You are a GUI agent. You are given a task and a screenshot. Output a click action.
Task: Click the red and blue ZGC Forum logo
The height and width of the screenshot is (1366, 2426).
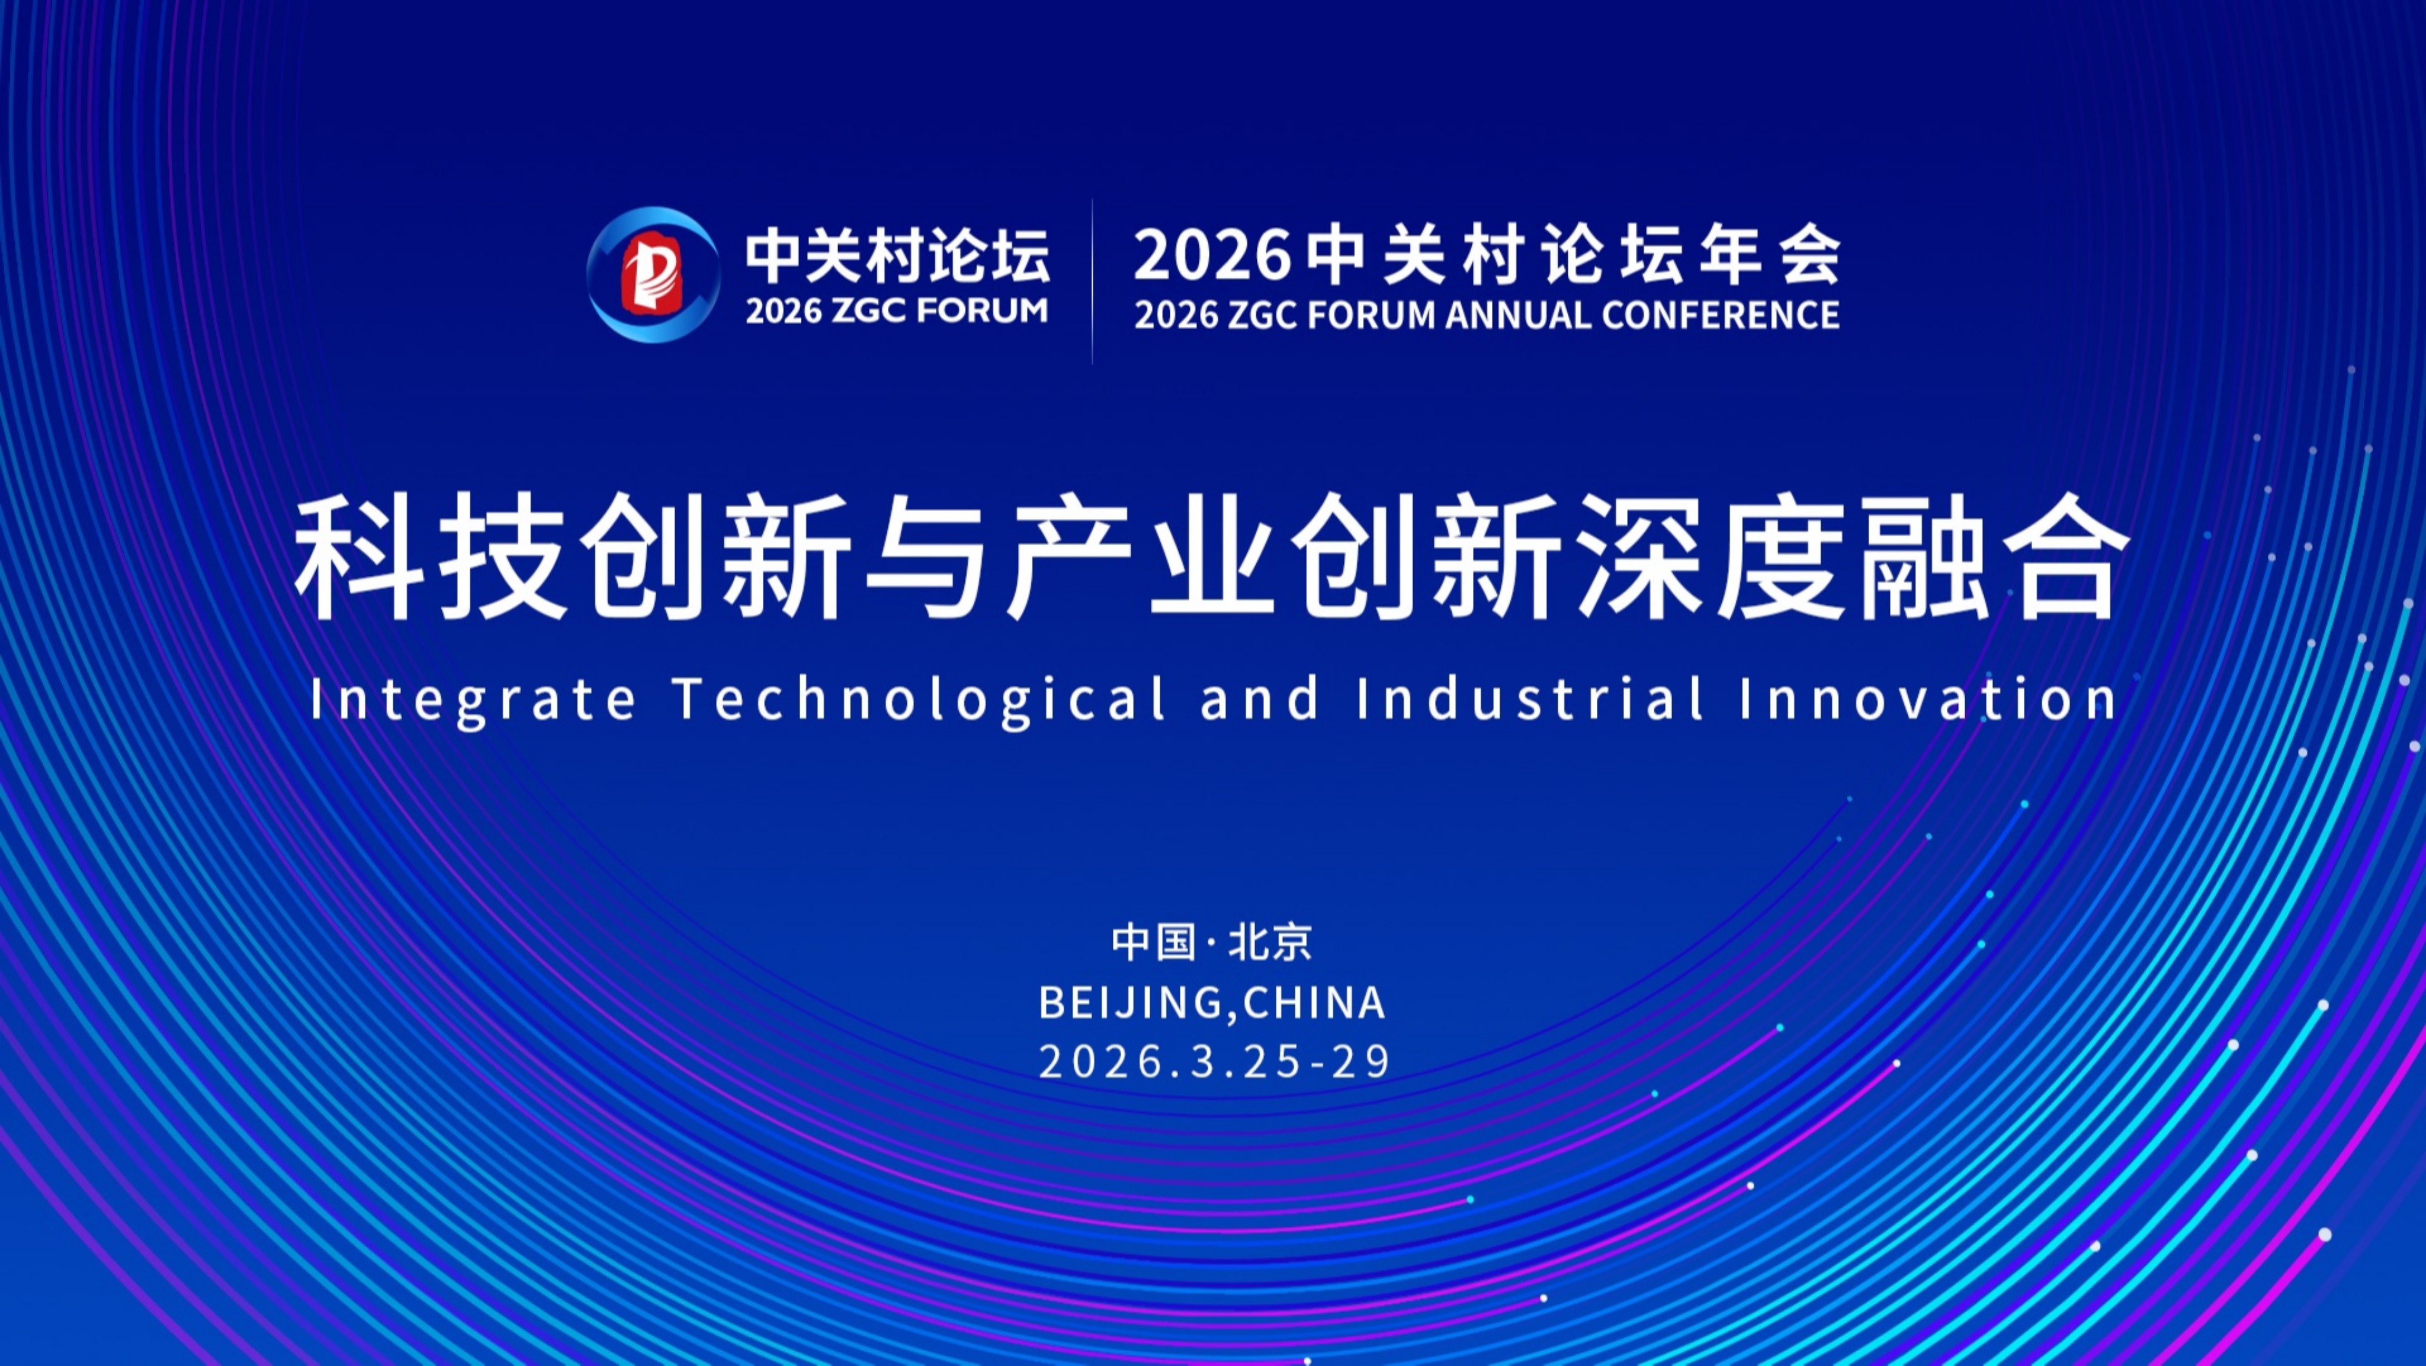(x=653, y=274)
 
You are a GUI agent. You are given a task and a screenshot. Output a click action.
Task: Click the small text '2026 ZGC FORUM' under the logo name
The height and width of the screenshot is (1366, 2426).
(x=897, y=311)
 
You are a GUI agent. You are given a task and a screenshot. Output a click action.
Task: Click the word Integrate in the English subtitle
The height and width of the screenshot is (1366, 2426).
(x=472, y=699)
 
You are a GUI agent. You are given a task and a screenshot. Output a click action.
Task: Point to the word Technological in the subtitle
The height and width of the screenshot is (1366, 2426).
(x=919, y=699)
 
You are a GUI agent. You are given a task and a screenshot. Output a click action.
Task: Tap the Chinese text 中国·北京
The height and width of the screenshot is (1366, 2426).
(x=1212, y=942)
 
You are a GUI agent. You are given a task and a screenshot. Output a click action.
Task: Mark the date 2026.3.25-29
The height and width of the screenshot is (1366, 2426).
(x=1214, y=1062)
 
